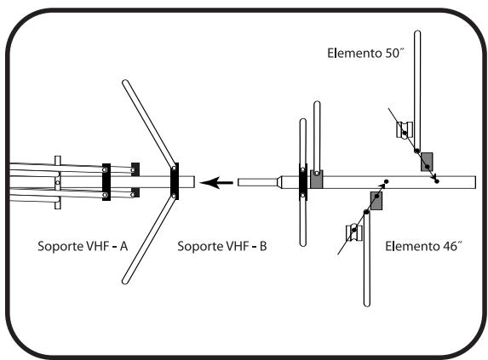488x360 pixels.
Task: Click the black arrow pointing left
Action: coord(221,182)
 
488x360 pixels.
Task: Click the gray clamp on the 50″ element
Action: coord(427,162)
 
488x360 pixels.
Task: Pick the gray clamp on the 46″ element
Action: coord(375,200)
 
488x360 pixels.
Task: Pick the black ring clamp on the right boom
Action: coord(302,181)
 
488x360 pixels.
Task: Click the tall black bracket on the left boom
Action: coord(106,181)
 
